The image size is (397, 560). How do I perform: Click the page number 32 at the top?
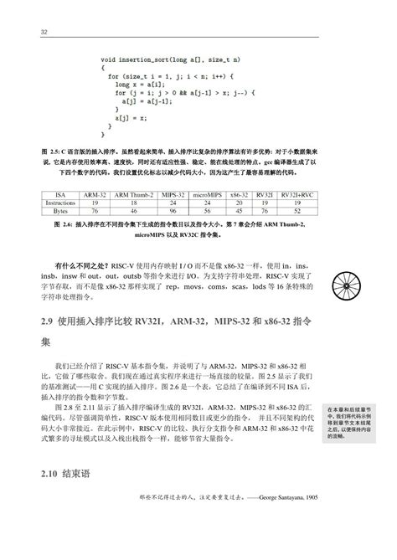[x=43, y=32]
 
